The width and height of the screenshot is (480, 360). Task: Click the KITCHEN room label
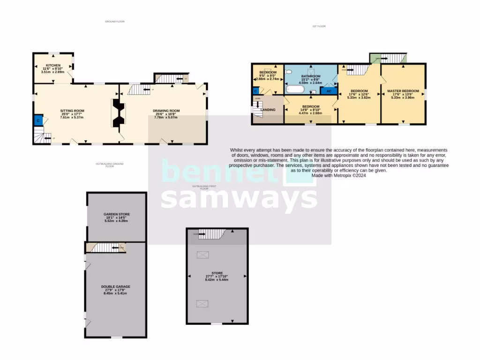52,65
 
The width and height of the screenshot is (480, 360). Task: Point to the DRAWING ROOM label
166,111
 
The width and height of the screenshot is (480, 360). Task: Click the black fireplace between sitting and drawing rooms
117,113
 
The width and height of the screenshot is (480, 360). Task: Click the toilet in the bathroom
290,72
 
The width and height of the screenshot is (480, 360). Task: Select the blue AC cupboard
329,91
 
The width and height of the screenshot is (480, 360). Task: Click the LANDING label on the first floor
268,110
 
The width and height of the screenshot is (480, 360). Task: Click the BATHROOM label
310,76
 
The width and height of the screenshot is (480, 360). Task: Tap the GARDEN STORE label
117,214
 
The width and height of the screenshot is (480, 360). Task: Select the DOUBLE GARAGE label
115,286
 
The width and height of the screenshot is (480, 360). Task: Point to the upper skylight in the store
203,255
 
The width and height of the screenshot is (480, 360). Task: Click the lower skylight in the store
202,304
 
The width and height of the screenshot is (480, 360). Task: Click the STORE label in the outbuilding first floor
217,273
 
